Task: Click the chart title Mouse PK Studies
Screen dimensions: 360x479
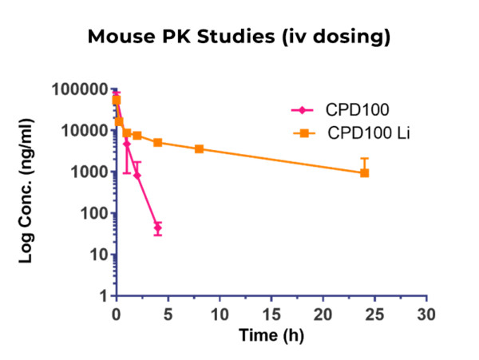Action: pyautogui.click(x=239, y=38)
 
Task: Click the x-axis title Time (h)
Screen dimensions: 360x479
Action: pyautogui.click(x=271, y=336)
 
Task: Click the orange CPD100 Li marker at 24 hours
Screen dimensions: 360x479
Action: pyautogui.click(x=365, y=172)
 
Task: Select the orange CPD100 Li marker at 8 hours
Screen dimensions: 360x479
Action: pyautogui.click(x=199, y=149)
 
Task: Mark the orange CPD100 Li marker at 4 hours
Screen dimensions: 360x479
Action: pyautogui.click(x=158, y=143)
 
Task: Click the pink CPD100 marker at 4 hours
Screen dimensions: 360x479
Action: pyautogui.click(x=158, y=229)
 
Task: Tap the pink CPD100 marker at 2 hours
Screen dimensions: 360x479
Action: pyautogui.click(x=137, y=176)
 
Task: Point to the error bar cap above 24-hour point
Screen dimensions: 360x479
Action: pyautogui.click(x=365, y=158)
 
